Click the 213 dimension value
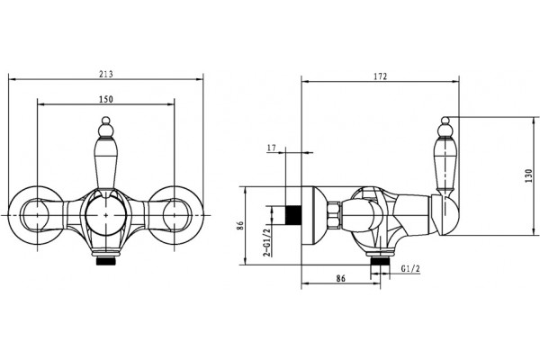[105, 74]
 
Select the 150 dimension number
[105, 99]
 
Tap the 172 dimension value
[381, 76]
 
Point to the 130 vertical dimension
[529, 175]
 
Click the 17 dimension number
[272, 148]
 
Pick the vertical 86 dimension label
[240, 226]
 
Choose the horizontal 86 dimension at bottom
[340, 278]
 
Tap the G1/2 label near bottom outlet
[411, 269]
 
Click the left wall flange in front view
[36, 215]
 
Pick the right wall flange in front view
[175, 215]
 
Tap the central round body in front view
[105, 215]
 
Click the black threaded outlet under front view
[105, 262]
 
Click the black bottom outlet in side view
[380, 262]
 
